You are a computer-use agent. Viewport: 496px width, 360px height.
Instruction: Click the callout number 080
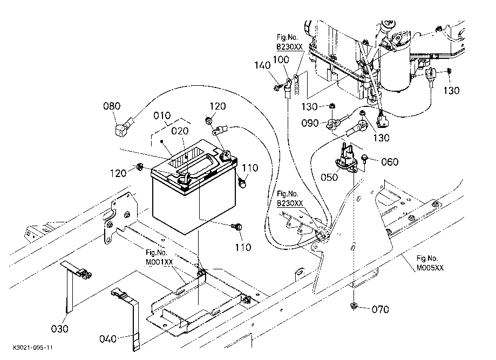pyautogui.click(x=112, y=106)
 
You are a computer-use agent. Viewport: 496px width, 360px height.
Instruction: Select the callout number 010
pyautogui.click(x=162, y=116)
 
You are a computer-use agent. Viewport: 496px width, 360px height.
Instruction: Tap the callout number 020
pyautogui.click(x=180, y=131)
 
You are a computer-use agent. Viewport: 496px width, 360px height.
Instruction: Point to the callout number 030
pyautogui.click(x=59, y=329)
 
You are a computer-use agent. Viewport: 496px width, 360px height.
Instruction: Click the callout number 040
pyautogui.click(x=108, y=339)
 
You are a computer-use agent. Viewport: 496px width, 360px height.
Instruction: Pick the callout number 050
pyautogui.click(x=329, y=178)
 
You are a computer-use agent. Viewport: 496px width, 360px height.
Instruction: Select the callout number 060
pyautogui.click(x=390, y=162)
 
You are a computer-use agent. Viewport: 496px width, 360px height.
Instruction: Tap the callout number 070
pyautogui.click(x=380, y=309)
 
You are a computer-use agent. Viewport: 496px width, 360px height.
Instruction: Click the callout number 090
pyautogui.click(x=310, y=123)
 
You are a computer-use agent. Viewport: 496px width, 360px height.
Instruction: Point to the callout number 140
pyautogui.click(x=262, y=65)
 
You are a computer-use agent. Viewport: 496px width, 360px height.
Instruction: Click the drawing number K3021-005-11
pyautogui.click(x=33, y=348)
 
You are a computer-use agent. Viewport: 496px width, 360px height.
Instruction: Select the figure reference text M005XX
pyautogui.click(x=430, y=268)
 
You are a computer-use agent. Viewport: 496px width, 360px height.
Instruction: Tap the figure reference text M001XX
pyautogui.click(x=159, y=262)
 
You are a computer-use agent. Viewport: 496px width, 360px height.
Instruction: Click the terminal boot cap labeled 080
pyautogui.click(x=122, y=129)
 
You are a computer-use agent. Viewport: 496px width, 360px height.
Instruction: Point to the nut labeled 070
pyautogui.click(x=354, y=305)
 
